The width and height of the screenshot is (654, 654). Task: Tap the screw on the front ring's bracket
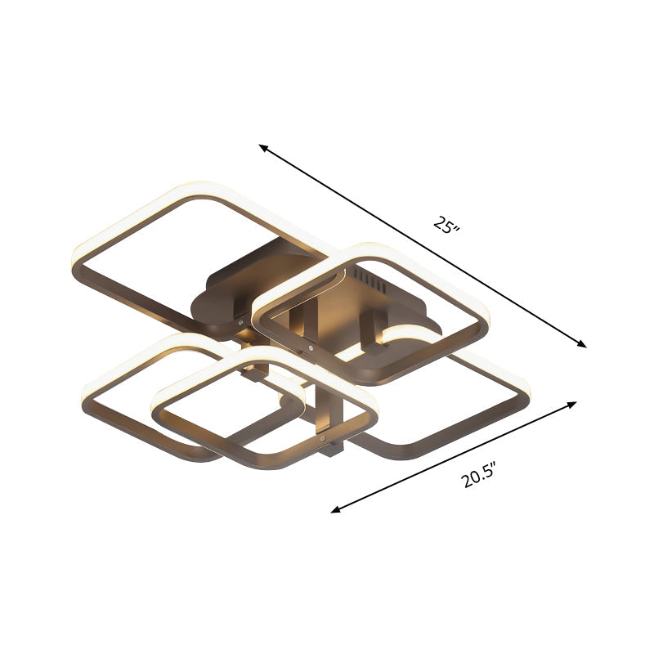(x=325, y=439)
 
